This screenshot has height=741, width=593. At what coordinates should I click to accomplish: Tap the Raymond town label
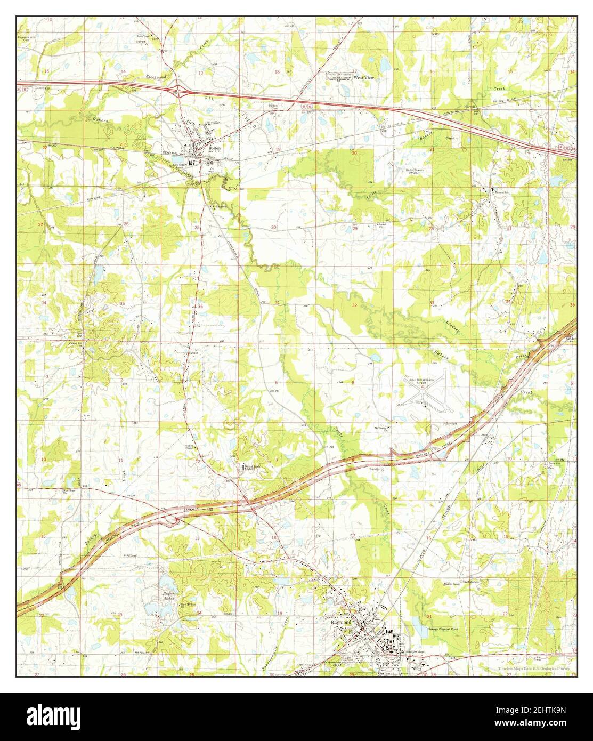[341, 622]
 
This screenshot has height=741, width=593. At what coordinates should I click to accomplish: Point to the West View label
[362, 77]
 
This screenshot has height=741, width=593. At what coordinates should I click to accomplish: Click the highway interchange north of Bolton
[182, 91]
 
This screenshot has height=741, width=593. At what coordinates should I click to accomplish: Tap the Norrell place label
[469, 107]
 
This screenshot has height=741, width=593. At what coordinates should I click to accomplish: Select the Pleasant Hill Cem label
[28, 25]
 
